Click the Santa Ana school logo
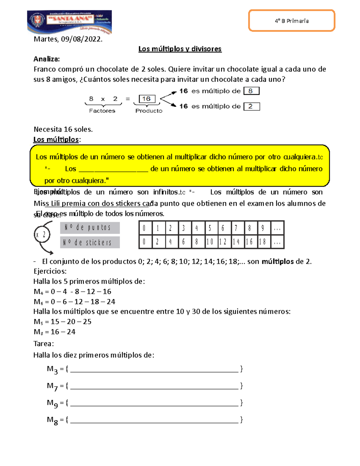[x=69, y=22]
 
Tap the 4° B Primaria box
[x=292, y=21]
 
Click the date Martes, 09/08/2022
[x=68, y=39]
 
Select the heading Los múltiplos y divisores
[x=180, y=49]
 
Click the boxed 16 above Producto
[x=147, y=99]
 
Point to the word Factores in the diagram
[x=102, y=111]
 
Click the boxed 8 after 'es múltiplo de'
[x=251, y=91]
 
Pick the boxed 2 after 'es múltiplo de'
[x=251, y=106]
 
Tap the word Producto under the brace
[x=149, y=111]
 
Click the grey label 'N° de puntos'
[x=90, y=228]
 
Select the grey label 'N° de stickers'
[x=90, y=242]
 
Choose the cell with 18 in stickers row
[x=263, y=242]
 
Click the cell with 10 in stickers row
[x=211, y=242]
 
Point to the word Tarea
[x=43, y=344]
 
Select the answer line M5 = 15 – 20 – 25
[x=62, y=322]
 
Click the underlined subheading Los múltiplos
[x=56, y=140]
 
